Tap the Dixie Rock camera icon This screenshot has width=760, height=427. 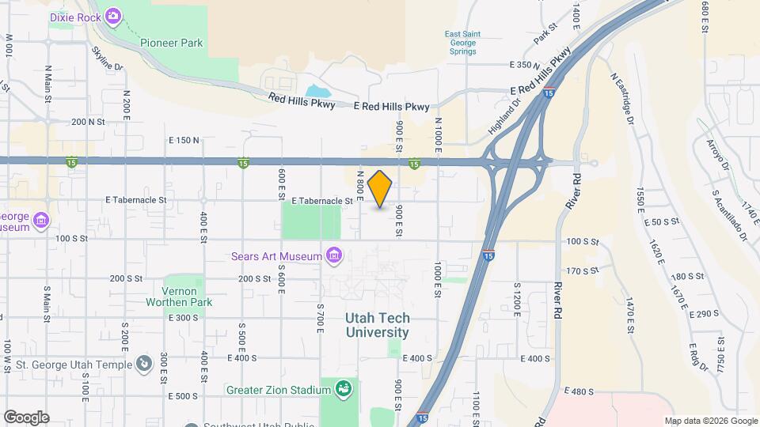[x=113, y=15]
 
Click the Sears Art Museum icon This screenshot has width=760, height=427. [x=334, y=255]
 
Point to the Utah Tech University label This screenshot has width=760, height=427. [x=378, y=325]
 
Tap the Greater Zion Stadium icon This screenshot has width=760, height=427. [x=344, y=388]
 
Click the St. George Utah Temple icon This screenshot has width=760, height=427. [x=143, y=364]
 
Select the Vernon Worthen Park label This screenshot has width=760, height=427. [x=178, y=297]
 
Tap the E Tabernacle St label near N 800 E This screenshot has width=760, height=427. [x=321, y=202]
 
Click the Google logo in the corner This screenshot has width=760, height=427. [x=26, y=417]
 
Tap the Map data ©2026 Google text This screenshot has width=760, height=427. [x=710, y=421]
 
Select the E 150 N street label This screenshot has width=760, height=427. [x=184, y=140]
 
